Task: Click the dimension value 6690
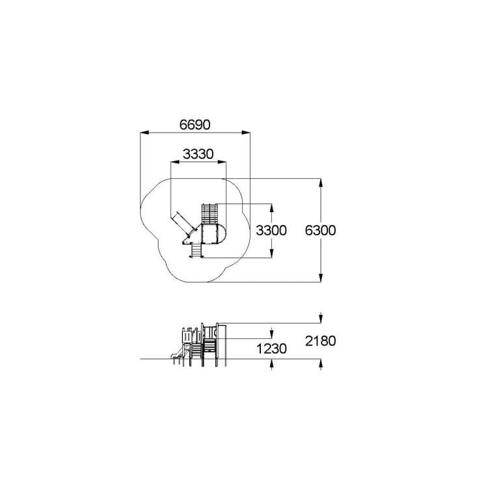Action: [195, 125]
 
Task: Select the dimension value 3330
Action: [198, 154]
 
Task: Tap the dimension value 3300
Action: [271, 230]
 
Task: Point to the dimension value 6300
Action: [320, 230]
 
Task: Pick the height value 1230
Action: [271, 349]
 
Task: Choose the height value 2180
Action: [320, 341]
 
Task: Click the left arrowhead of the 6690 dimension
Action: [144, 133]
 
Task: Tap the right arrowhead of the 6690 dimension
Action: [246, 133]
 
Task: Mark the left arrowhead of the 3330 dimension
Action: [175, 162]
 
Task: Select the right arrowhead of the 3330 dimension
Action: [222, 162]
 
